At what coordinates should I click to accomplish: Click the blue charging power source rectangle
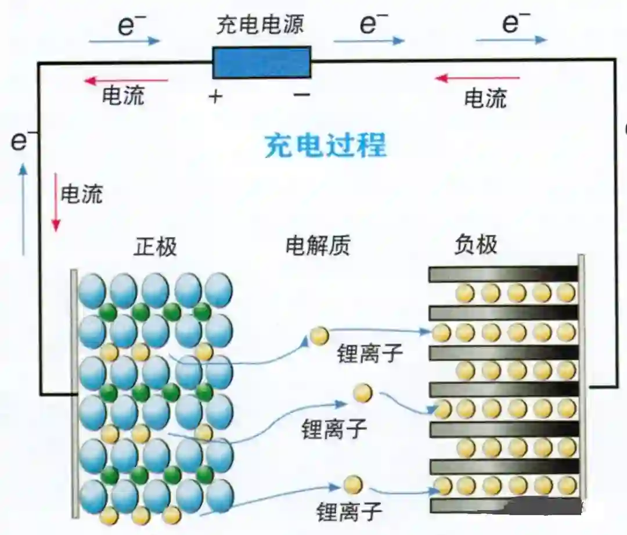pyautogui.click(x=261, y=63)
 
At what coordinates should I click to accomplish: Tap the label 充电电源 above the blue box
pyautogui.click(x=260, y=25)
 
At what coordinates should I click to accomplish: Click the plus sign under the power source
pyautogui.click(x=215, y=96)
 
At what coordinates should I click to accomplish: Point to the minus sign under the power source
pyautogui.click(x=301, y=95)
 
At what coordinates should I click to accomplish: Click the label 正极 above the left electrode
pyautogui.click(x=155, y=247)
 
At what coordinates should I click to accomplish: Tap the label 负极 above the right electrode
pyautogui.click(x=475, y=246)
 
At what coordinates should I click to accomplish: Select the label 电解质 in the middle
pyautogui.click(x=318, y=247)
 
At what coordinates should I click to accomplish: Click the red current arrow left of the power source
pyautogui.click(x=126, y=81)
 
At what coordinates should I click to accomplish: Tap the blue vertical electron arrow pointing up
pyautogui.click(x=23, y=209)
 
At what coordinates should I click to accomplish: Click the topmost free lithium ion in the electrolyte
pyautogui.click(x=319, y=336)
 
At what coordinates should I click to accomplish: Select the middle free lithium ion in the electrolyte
pyautogui.click(x=363, y=393)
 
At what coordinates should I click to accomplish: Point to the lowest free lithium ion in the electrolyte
pyautogui.click(x=353, y=484)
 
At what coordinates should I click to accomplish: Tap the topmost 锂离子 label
pyautogui.click(x=370, y=353)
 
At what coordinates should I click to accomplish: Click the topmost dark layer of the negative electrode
pyautogui.click(x=503, y=274)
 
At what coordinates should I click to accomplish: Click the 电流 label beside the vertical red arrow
pyautogui.click(x=82, y=194)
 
